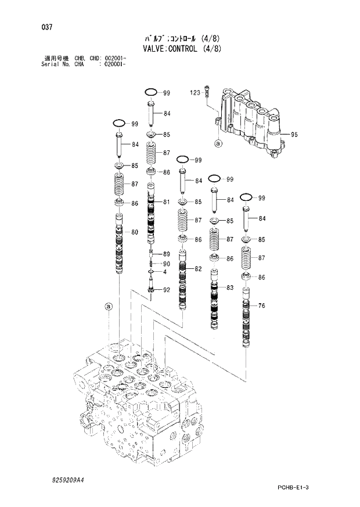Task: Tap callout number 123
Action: click(x=195, y=92)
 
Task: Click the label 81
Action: click(x=166, y=202)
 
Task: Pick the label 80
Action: click(x=134, y=233)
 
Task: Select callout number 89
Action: click(x=166, y=254)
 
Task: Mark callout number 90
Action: click(x=166, y=264)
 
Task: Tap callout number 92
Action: click(x=166, y=290)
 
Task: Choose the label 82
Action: click(x=198, y=268)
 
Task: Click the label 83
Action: click(x=230, y=287)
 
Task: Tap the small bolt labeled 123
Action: click(x=208, y=93)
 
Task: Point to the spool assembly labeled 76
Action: click(x=246, y=325)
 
